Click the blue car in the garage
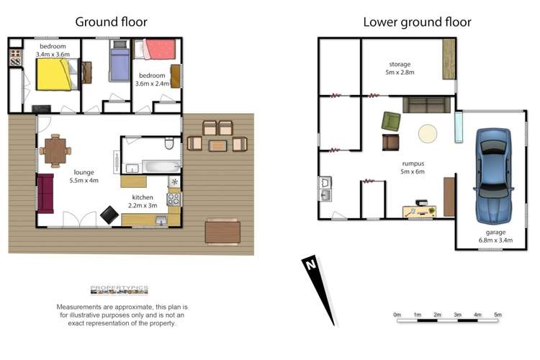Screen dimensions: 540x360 coord(493,176)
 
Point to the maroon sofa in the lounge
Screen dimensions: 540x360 coord(45,194)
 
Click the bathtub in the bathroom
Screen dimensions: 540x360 coord(161,167)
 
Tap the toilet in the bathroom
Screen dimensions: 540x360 coord(169,143)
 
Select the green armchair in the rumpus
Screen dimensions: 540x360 coord(391,122)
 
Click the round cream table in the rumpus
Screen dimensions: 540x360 coord(428,133)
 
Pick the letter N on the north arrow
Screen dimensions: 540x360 coord(311,264)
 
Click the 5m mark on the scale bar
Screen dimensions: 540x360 coord(498,315)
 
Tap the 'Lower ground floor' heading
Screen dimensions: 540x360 coord(417,22)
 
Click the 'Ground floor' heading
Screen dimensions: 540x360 coord(111,22)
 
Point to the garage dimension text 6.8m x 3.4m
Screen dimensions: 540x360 coord(495,240)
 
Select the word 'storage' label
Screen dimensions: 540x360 coord(400,64)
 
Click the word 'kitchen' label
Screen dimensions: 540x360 coord(143,197)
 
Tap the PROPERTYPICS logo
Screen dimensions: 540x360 coord(119,289)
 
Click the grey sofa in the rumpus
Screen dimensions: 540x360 coord(427,105)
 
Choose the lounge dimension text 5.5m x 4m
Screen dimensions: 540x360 coord(84,180)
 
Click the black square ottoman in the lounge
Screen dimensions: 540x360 coord(109,215)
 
